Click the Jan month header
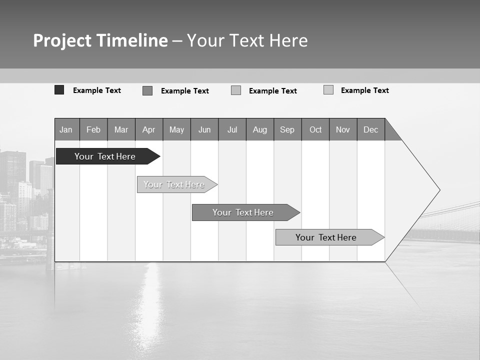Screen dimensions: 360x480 tap(66, 129)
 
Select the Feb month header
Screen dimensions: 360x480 tap(93, 129)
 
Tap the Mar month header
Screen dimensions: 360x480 tap(121, 129)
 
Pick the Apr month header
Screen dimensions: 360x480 tap(149, 129)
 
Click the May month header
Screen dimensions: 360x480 tap(176, 129)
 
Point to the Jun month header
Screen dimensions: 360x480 tap(204, 129)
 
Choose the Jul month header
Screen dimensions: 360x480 tap(232, 129)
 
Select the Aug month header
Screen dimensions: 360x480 tap(260, 129)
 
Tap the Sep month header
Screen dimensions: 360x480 tap(287, 129)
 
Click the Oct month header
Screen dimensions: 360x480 tap(315, 129)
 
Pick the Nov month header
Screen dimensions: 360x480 tap(343, 129)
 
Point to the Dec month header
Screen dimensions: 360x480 tap(371, 129)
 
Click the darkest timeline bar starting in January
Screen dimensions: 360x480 tap(105, 156)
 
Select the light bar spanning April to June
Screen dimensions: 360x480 tap(174, 184)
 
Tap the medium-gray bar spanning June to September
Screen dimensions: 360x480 tap(243, 212)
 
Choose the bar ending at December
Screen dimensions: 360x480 tap(326, 237)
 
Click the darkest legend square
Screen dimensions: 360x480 tap(59, 90)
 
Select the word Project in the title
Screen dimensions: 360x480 tap(62, 40)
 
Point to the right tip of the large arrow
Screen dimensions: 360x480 tap(438, 190)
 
